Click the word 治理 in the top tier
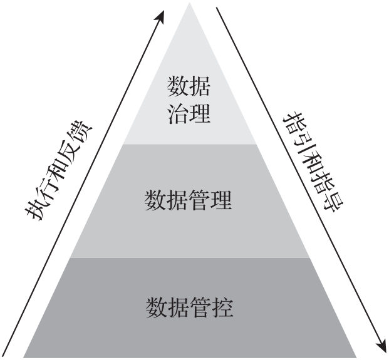click(189, 114)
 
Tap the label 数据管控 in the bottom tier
click(189, 307)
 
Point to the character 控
click(222, 307)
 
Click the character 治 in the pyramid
click(179, 114)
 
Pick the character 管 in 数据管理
click(200, 201)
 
